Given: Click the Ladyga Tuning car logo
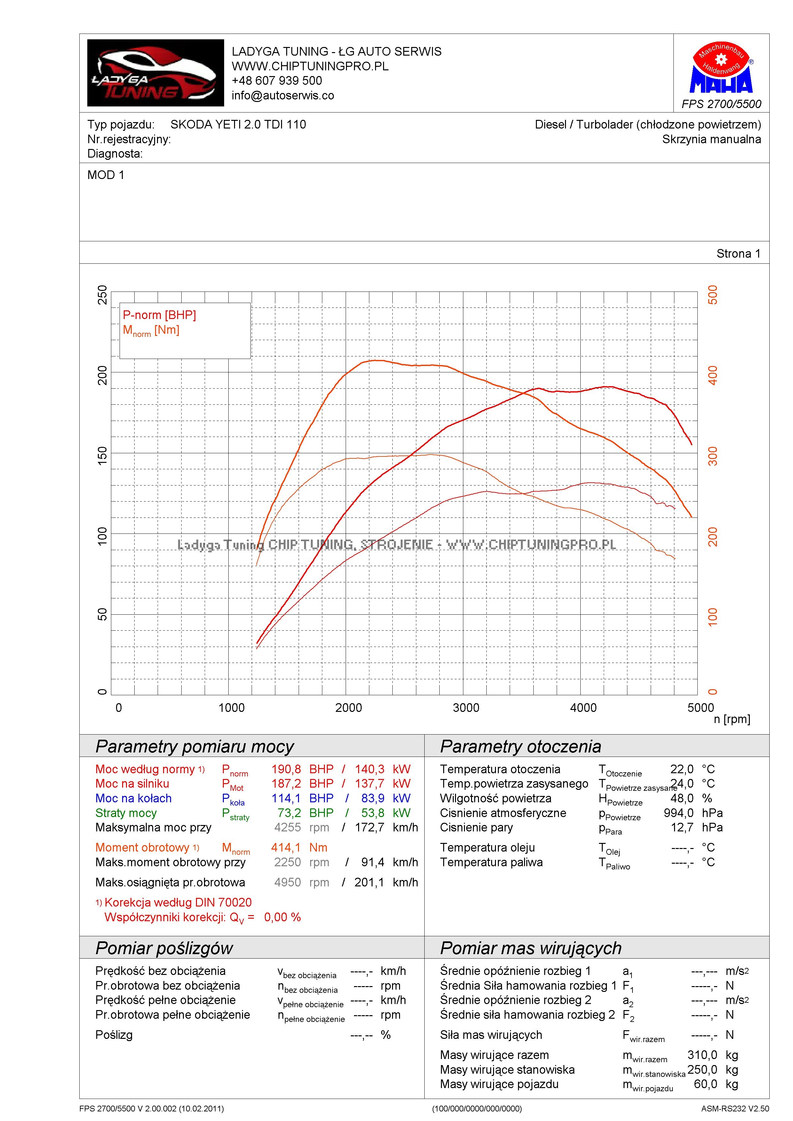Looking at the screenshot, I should [155, 73].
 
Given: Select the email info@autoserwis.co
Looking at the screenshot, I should [283, 96].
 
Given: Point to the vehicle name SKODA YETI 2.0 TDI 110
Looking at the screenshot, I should [238, 124].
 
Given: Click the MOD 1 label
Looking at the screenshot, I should [106, 175].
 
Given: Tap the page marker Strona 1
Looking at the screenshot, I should [738, 253].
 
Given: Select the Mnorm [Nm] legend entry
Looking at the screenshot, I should [151, 331].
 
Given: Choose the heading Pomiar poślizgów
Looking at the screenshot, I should [164, 948].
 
